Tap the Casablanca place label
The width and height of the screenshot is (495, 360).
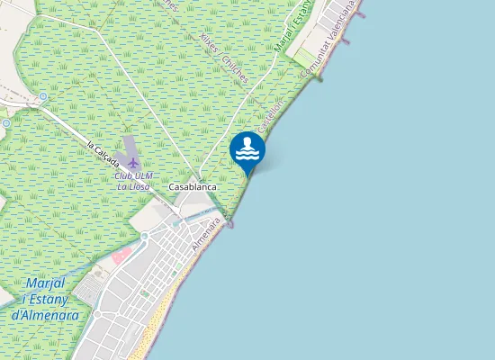point(191,186)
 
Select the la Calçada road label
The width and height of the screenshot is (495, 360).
point(103,153)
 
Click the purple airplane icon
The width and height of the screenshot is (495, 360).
point(134,163)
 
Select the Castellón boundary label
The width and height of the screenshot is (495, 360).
point(271,116)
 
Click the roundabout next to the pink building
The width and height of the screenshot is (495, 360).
point(143,237)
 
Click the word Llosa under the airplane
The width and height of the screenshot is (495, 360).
point(139,186)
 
